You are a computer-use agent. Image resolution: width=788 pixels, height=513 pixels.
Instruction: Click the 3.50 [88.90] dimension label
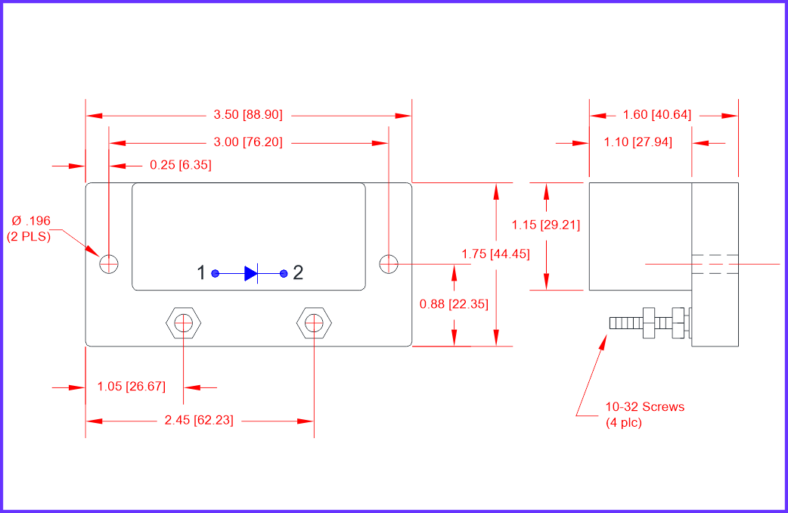tap(248, 115)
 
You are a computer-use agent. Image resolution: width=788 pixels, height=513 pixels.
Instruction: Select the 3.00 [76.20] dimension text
tap(248, 142)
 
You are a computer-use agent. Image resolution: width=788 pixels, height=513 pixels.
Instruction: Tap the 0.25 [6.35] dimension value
tap(181, 165)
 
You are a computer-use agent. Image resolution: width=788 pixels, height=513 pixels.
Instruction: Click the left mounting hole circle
tap(109, 263)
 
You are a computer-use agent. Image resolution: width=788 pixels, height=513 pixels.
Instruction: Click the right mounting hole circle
tap(389, 263)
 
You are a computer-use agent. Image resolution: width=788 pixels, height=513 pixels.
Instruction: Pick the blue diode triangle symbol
tap(251, 274)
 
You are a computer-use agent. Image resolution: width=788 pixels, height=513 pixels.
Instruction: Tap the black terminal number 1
tap(201, 272)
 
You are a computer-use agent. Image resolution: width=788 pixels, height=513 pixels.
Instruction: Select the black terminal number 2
tap(298, 272)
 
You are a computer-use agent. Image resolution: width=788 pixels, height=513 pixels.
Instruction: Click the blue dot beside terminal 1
tap(215, 274)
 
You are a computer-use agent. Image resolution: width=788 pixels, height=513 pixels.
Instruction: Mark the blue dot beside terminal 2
tap(284, 274)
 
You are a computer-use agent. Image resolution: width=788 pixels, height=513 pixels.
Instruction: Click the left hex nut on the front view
tap(184, 323)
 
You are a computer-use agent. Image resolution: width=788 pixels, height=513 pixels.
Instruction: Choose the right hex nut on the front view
tap(314, 323)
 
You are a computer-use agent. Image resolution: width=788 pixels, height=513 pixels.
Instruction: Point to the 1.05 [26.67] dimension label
tap(131, 386)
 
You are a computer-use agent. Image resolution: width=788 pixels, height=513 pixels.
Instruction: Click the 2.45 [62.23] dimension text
tap(199, 420)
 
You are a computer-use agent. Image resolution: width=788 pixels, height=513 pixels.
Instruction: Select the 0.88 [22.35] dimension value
tap(454, 303)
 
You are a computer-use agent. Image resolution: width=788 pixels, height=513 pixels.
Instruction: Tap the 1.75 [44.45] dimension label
tap(495, 254)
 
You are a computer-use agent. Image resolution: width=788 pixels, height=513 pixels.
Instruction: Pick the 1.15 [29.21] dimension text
tap(546, 225)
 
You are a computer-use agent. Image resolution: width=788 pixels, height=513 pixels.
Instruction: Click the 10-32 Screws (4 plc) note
tap(645, 415)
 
